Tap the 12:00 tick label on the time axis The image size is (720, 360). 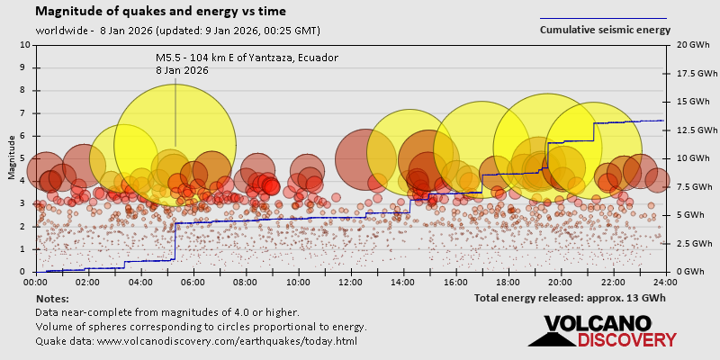[x=351, y=282]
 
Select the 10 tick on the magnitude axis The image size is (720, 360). [x=25, y=44]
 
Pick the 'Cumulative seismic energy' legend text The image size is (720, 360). [x=605, y=30]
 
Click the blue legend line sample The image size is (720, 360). [x=603, y=18]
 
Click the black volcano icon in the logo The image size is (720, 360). [x=550, y=334]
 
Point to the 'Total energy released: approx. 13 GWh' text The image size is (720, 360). [x=570, y=298]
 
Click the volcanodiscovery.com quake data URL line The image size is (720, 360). [x=196, y=341]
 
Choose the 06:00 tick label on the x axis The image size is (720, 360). [x=193, y=282]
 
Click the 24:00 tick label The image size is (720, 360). [x=665, y=282]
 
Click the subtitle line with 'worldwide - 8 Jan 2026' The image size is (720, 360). [x=177, y=30]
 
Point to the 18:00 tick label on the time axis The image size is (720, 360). [x=508, y=282]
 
